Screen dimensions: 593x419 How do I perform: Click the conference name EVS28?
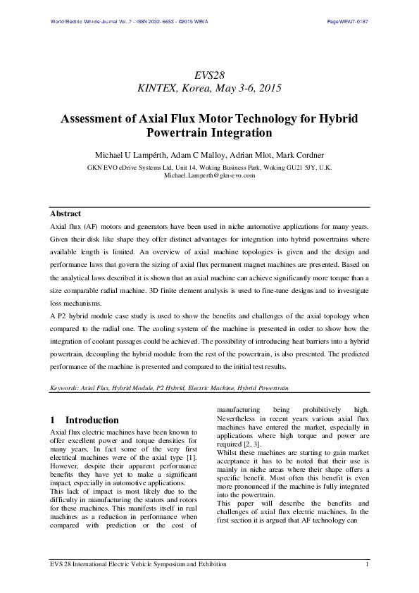click(209, 75)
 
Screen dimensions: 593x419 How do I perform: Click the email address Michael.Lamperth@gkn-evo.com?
click(209, 175)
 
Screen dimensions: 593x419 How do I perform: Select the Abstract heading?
click(65, 213)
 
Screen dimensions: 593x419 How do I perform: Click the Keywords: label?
click(65, 387)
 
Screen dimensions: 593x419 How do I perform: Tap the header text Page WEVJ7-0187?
click(348, 22)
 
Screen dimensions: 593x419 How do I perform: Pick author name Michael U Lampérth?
click(136, 154)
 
